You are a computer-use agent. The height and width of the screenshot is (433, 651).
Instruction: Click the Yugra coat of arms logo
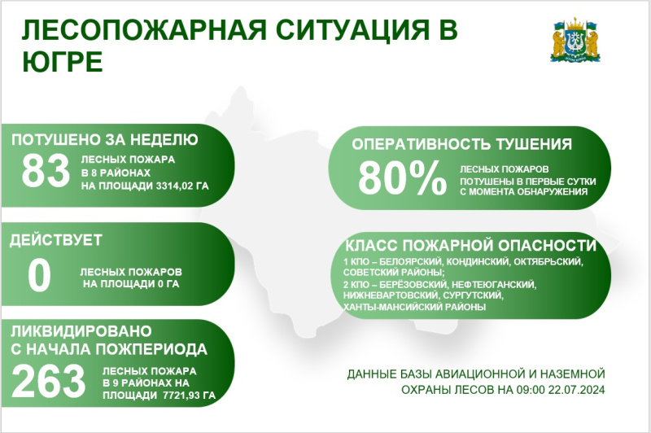point(575,40)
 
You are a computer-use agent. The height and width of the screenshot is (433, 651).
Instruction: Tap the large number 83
point(46,171)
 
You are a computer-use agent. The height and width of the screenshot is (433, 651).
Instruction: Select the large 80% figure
point(402,178)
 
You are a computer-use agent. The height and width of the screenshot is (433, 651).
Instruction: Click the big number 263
point(48,381)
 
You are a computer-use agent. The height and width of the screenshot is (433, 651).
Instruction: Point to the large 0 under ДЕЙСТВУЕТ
point(39,275)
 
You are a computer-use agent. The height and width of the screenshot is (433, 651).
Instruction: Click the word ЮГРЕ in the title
point(63,62)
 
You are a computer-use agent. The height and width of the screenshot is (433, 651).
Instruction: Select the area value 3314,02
point(174,186)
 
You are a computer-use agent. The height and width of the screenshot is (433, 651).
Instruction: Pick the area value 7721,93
point(181,396)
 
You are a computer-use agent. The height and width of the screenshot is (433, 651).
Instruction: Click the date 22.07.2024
point(576,390)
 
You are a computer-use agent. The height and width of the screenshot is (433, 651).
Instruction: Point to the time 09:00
point(531,390)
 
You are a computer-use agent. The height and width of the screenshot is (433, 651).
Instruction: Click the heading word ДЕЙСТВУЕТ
point(56,240)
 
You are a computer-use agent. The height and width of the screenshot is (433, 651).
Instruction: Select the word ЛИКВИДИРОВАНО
point(81,331)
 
